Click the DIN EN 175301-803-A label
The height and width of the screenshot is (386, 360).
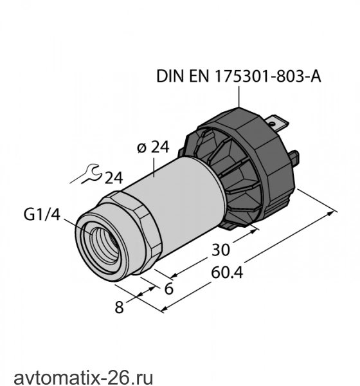point(239,77)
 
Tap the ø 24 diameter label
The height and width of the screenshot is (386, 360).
point(153,147)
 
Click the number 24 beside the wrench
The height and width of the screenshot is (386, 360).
point(114,178)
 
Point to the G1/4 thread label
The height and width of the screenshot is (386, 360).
point(42,214)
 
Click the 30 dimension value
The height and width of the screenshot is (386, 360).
point(221,250)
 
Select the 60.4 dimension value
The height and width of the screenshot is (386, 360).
point(227,273)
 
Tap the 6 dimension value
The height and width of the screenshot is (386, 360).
point(169,288)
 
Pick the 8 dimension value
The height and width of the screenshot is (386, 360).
point(119,308)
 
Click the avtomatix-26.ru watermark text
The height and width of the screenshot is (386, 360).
point(84,378)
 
